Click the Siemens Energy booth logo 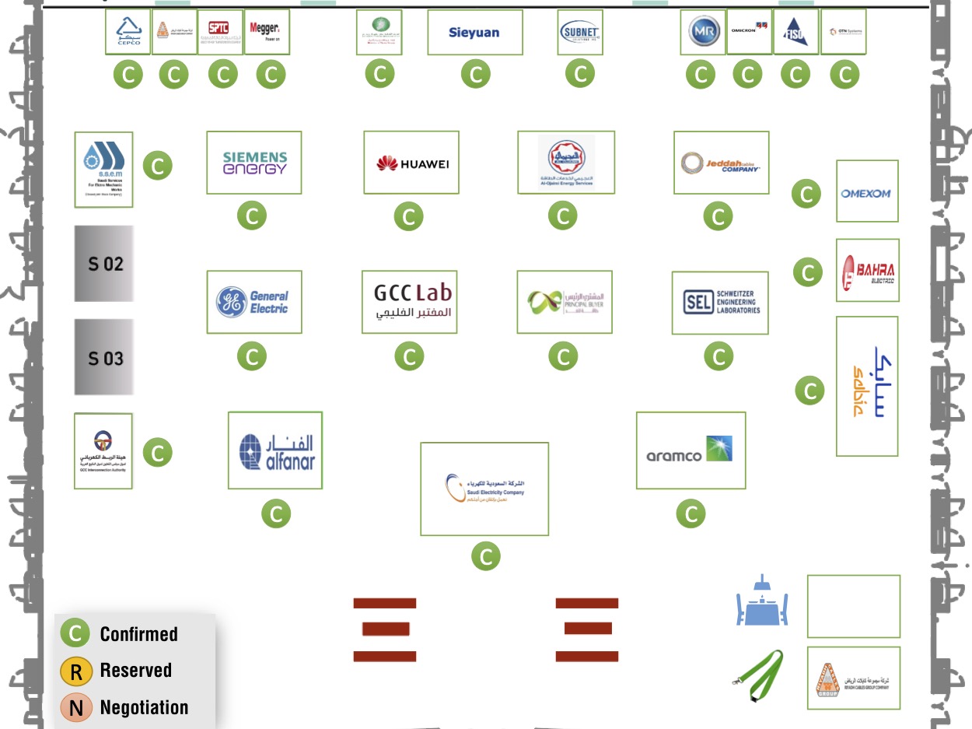(x=254, y=163)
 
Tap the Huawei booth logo (x=411, y=163)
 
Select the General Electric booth (x=254, y=302)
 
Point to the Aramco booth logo (x=691, y=450)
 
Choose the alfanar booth (x=275, y=450)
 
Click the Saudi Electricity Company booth (x=484, y=489)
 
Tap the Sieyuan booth (x=475, y=33)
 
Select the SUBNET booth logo (x=580, y=33)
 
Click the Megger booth (x=267, y=32)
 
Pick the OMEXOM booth (x=867, y=191)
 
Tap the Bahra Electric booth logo (x=867, y=270)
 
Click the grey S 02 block (x=104, y=264)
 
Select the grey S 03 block (x=104, y=358)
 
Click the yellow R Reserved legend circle (x=76, y=671)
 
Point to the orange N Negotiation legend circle (x=76, y=708)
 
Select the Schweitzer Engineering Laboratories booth (x=720, y=303)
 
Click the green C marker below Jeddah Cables (x=718, y=216)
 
